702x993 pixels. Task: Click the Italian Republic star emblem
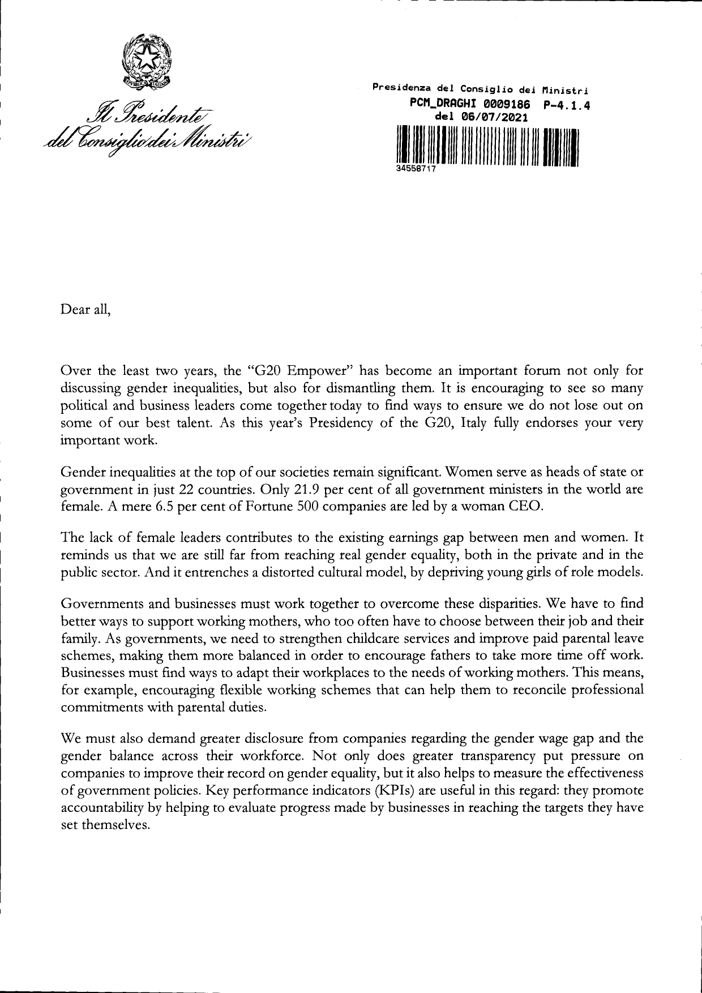coord(148,59)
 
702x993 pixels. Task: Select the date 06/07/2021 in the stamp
coord(496,118)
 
